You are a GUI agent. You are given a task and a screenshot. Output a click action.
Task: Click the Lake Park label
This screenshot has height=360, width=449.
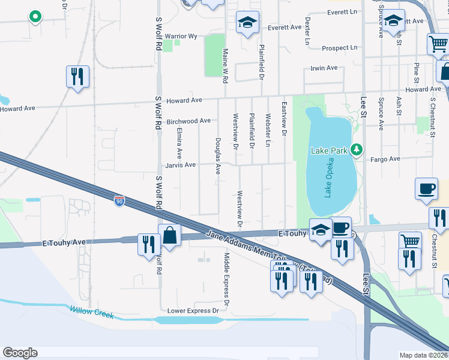[328, 150]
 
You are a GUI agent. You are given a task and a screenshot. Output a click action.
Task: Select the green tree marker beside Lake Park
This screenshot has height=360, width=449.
[357, 149]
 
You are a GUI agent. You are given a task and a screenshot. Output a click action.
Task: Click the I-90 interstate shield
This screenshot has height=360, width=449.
[120, 200]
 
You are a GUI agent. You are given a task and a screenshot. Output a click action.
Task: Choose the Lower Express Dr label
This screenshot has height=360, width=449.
[193, 311]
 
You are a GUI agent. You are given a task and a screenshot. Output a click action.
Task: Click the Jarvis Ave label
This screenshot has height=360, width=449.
[181, 165]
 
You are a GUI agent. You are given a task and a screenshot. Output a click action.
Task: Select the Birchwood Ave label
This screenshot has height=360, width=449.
[188, 121]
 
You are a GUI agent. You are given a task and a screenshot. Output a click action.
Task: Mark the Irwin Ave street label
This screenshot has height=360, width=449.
[324, 68]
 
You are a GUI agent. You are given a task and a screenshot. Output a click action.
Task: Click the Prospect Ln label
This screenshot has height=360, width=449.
[339, 47]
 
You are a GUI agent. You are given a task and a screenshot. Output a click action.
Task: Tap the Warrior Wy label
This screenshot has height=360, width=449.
[181, 37]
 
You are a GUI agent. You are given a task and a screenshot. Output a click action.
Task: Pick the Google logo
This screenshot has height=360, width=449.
[20, 353]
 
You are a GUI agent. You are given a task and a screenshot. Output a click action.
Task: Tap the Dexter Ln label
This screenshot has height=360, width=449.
[307, 31]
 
